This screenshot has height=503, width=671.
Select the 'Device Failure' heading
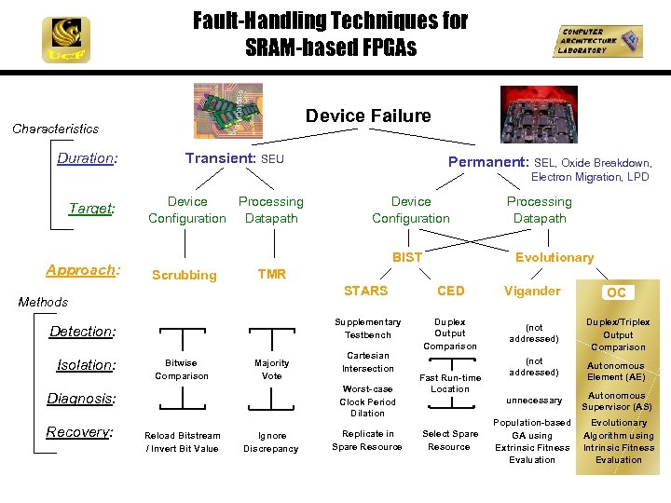point(368,116)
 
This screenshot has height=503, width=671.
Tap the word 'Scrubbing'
point(184,275)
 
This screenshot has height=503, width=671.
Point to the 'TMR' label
point(271,274)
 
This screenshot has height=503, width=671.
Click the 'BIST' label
point(406,257)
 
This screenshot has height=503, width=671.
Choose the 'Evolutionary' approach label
point(555,257)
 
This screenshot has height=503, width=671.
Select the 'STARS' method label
point(365,291)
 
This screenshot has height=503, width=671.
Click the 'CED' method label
point(450,291)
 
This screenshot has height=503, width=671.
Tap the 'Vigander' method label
point(532,291)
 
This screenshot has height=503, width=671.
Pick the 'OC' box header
point(616,292)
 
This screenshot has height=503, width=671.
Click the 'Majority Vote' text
point(271,369)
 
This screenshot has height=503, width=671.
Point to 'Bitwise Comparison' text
point(182,369)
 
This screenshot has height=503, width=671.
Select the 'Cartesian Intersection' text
point(367,361)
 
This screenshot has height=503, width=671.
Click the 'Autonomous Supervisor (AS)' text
point(617,401)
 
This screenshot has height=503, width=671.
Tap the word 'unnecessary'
point(534,401)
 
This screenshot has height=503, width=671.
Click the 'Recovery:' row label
point(81,432)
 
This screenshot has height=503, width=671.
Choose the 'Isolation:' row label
point(85,365)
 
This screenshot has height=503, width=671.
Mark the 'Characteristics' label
point(55,129)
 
